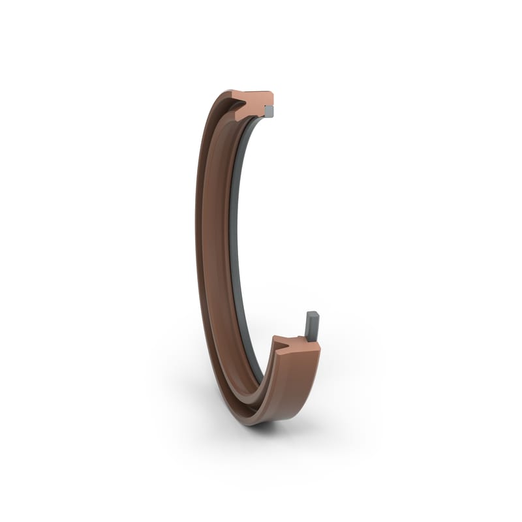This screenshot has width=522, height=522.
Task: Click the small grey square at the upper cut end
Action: click(x=268, y=113)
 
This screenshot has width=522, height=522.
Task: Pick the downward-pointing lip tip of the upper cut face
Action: click(x=238, y=118)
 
